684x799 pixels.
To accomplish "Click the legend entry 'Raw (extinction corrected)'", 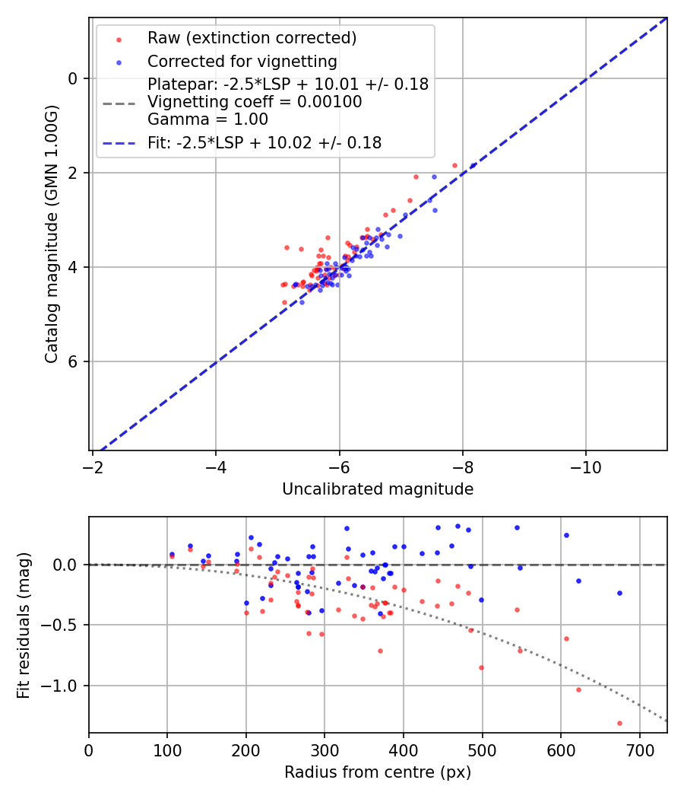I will [252, 38].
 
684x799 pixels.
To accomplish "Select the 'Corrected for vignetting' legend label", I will [242, 61].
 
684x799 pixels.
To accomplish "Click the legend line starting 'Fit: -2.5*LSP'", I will [264, 142].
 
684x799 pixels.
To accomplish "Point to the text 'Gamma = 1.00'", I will [207, 119].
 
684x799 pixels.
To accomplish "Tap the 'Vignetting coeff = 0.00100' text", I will [255, 102].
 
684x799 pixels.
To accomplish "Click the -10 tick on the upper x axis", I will [585, 463].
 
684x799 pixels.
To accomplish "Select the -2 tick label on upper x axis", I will [93, 463].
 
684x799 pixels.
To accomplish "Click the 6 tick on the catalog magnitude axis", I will [73, 361].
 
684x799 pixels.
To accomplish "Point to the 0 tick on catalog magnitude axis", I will [73, 78].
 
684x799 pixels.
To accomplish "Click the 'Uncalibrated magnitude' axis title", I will [378, 489].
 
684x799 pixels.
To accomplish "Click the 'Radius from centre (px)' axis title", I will [378, 772].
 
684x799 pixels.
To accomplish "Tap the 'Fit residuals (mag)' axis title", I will [24, 626].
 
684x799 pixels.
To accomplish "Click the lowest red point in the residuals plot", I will [619, 723].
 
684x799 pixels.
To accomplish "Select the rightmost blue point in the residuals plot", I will [619, 593].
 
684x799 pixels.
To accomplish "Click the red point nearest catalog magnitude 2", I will [455, 165].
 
